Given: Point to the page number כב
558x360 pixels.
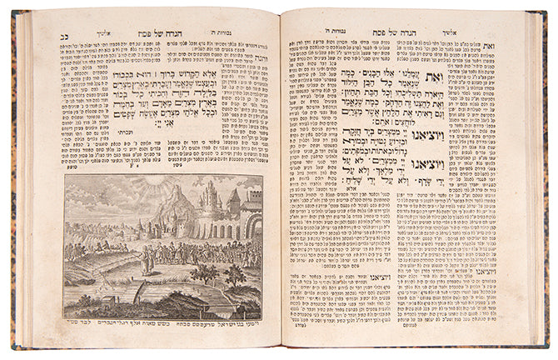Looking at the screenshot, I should coord(59,36).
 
